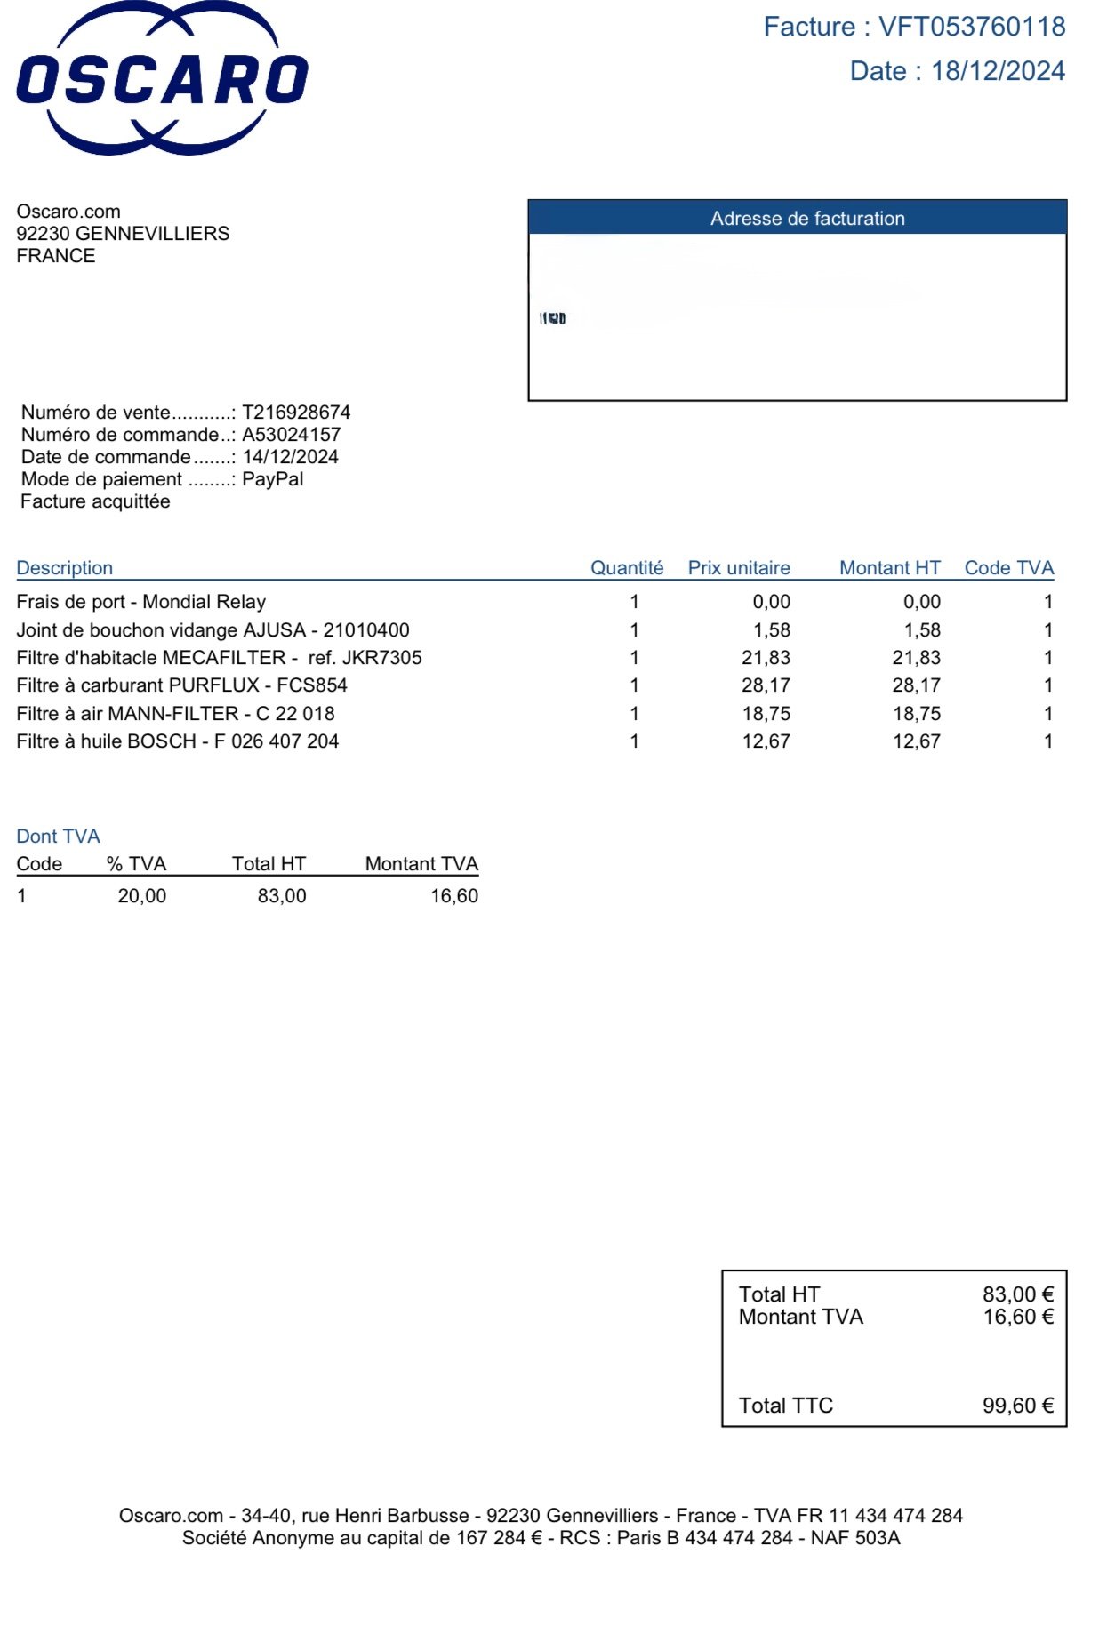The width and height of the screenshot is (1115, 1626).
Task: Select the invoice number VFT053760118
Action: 972,27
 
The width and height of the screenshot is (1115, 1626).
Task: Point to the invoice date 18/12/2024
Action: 998,71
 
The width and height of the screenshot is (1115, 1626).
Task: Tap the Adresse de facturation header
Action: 806,219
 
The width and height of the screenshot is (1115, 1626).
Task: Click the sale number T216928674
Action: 296,413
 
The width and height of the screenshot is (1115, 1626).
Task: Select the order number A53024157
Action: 292,435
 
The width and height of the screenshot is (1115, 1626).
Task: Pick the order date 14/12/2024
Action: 290,457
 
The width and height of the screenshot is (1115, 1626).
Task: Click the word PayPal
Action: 273,479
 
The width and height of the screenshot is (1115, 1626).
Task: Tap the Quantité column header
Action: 627,568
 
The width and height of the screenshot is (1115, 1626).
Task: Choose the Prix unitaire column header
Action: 739,568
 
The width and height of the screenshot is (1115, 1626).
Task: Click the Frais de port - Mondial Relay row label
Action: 141,602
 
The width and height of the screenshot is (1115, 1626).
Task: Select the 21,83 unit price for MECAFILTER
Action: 766,658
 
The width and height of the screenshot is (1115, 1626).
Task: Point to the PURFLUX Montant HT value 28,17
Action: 917,685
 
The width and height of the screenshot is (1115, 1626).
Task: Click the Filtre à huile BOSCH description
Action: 178,741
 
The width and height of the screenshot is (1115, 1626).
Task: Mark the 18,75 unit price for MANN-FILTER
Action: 766,714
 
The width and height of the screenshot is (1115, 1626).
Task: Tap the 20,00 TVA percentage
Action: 142,896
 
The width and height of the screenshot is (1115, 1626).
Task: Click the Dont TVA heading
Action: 59,837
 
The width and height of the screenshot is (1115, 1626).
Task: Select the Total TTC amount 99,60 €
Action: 1018,1406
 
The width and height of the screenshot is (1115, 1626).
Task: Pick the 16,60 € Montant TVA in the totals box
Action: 1018,1317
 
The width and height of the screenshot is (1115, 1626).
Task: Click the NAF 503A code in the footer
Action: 855,1538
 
